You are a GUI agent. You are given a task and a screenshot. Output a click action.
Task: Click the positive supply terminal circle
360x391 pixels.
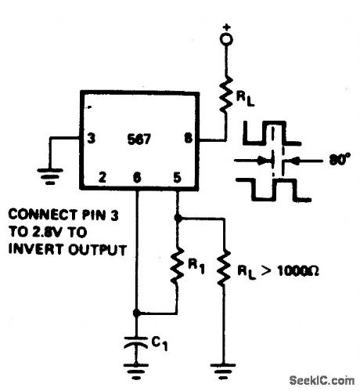227,38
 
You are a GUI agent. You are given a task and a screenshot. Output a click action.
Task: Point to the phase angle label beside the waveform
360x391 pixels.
339,162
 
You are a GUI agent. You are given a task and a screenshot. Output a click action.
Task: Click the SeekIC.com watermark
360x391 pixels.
320,381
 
